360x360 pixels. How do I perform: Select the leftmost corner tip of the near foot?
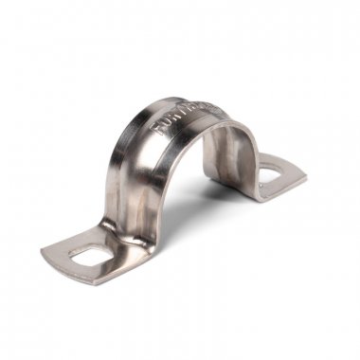[x=42, y=252]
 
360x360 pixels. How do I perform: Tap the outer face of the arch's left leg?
[x=128, y=185]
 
